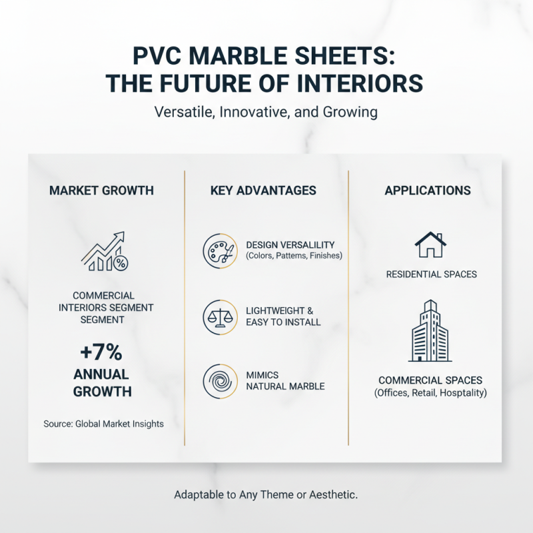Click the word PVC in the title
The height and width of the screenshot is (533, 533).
point(154,55)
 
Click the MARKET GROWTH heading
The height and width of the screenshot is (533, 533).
point(101,191)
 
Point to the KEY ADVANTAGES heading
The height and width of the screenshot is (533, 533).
point(263,191)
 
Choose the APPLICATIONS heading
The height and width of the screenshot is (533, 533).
point(428,191)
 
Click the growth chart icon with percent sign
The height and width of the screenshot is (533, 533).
point(104,252)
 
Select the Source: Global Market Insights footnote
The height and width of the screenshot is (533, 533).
point(103,423)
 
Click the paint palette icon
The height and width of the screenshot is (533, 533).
point(219,251)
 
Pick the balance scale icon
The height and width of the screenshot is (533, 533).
point(219,316)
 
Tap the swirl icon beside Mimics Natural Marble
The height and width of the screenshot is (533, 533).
point(219,380)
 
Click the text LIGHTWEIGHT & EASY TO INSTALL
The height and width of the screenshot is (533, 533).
point(283,316)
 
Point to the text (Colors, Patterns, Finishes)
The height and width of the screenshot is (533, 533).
point(294,256)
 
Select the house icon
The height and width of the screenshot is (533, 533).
point(430,245)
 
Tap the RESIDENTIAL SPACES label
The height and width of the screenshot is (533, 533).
point(432,274)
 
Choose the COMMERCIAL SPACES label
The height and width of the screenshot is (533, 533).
point(430,380)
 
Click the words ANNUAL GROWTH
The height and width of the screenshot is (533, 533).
point(101,382)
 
